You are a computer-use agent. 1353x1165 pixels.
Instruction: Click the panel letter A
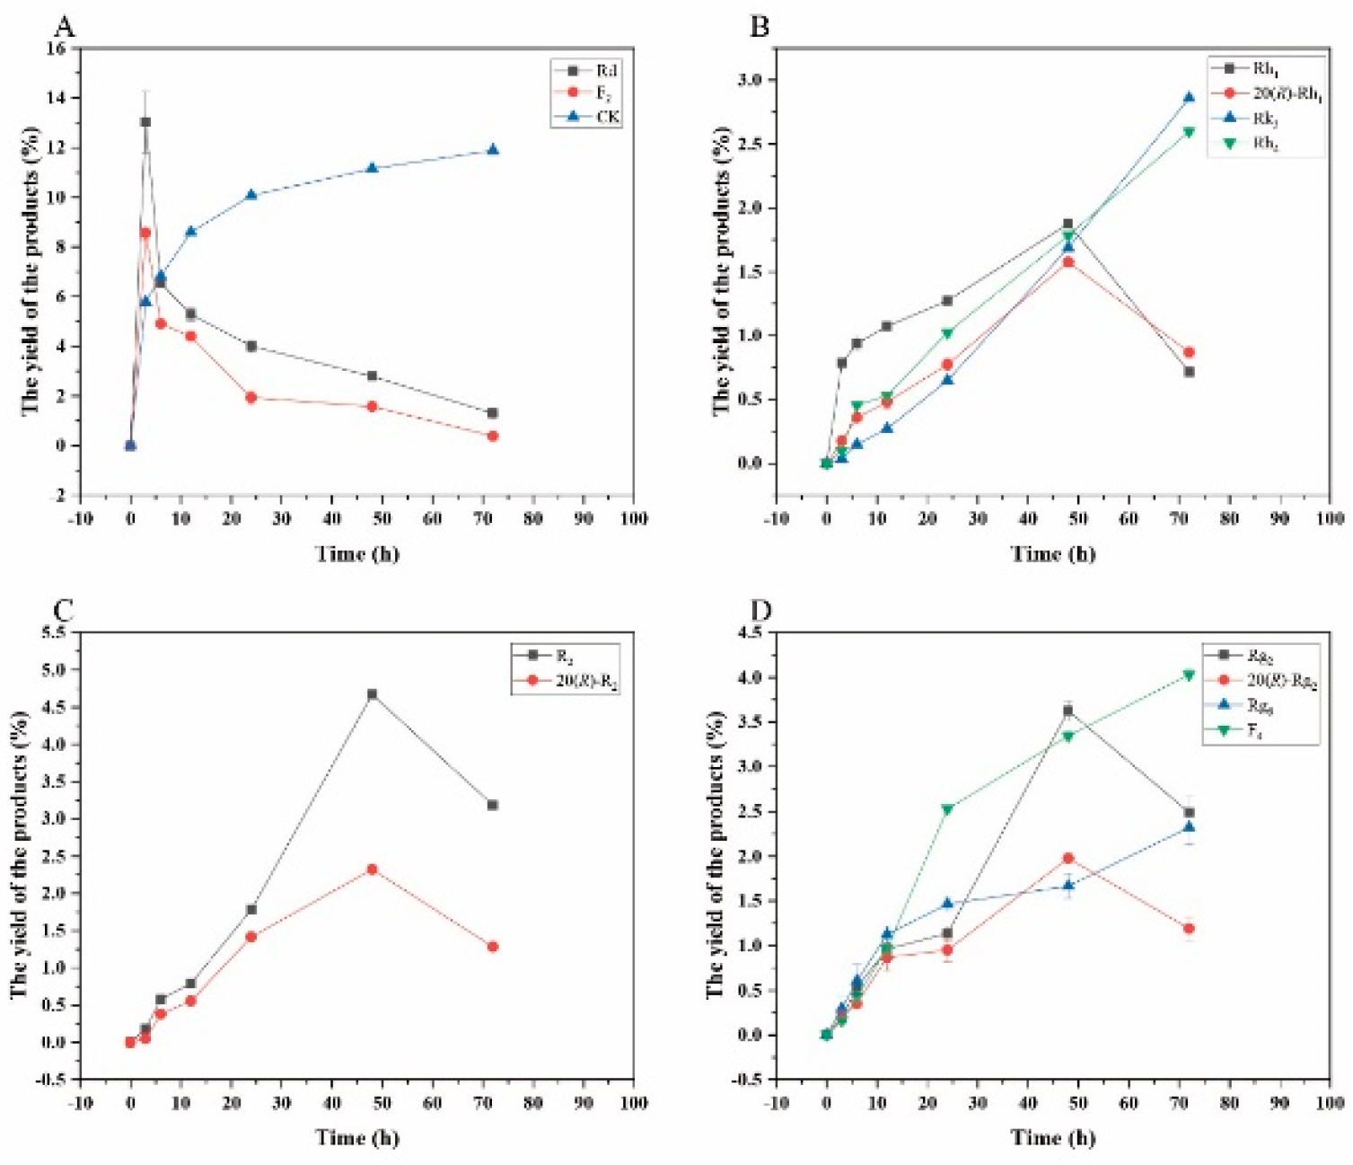[64, 26]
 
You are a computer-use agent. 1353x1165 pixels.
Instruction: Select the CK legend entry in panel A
[607, 117]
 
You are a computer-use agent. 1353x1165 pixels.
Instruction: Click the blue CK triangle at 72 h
[492, 150]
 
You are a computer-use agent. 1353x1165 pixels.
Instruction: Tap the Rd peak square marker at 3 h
[145, 122]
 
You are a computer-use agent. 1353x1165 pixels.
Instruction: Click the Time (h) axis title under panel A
[356, 553]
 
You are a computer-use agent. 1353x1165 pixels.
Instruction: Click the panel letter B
[760, 26]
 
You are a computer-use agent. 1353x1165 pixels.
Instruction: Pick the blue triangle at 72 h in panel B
[1189, 98]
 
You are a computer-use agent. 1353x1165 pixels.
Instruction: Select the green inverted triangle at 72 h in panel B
[1189, 132]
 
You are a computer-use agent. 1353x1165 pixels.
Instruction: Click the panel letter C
[64, 611]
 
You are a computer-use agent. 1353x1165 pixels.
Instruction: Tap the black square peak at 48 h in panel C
[372, 694]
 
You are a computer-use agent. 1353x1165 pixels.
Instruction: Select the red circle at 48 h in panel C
[372, 869]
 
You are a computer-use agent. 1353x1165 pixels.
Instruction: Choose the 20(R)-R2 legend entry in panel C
[585, 681]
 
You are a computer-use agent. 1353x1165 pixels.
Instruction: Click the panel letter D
[760, 611]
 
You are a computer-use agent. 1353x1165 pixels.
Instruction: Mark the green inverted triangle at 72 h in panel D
[1189, 675]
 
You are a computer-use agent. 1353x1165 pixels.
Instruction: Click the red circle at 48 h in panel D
[1067, 859]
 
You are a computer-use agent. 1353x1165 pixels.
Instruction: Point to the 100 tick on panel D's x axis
[1330, 1102]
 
